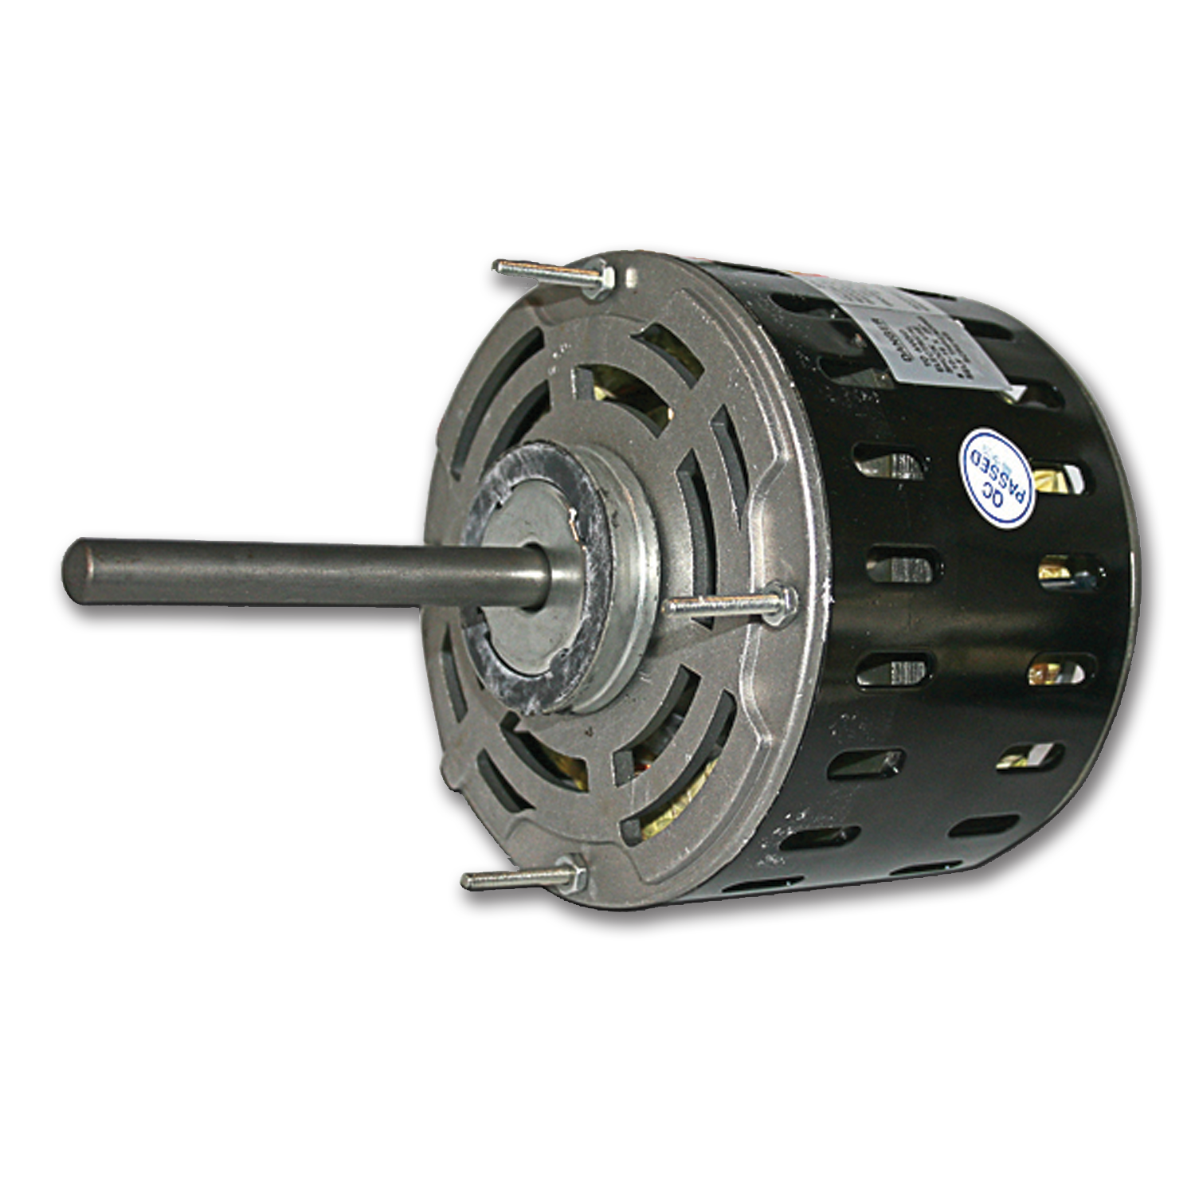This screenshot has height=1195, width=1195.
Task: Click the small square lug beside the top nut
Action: (x=631, y=276)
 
